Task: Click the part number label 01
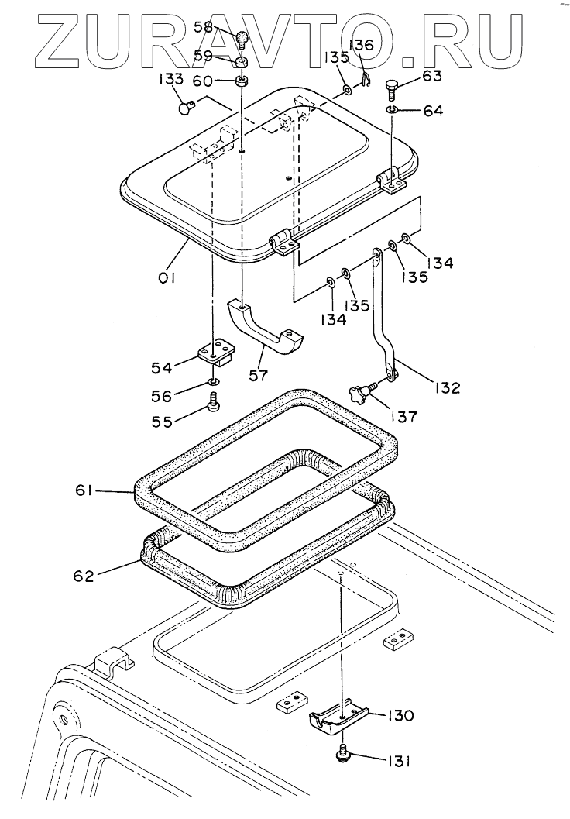(x=167, y=277)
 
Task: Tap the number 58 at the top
(x=203, y=27)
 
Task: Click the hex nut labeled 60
(x=242, y=81)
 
